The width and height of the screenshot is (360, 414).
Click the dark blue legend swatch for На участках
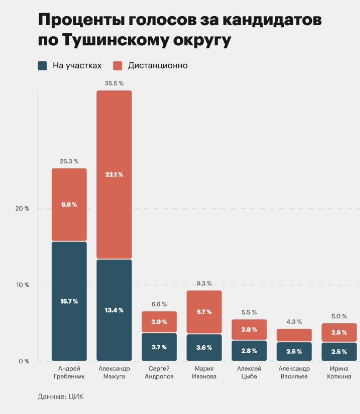click(x=42, y=66)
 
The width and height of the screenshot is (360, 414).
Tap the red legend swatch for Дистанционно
click(x=118, y=66)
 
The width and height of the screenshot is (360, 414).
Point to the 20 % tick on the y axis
click(x=22, y=209)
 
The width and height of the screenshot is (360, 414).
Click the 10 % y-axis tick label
click(x=22, y=285)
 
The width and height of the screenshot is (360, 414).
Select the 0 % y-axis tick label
click(x=24, y=361)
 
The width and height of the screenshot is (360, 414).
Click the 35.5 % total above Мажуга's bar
click(x=114, y=84)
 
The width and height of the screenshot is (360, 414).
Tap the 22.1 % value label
click(x=114, y=175)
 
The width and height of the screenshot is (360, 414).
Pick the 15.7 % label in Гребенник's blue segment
click(x=69, y=301)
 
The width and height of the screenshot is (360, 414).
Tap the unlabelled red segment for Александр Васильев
click(x=294, y=335)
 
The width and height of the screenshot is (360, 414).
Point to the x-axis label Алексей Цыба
click(x=249, y=372)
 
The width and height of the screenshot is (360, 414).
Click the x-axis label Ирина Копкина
click(x=339, y=372)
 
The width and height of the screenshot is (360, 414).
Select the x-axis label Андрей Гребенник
click(x=69, y=372)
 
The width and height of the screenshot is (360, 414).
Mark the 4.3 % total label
click(x=294, y=322)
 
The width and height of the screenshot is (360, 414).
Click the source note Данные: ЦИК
click(x=61, y=396)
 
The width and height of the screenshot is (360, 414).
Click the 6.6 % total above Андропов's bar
click(x=159, y=304)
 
